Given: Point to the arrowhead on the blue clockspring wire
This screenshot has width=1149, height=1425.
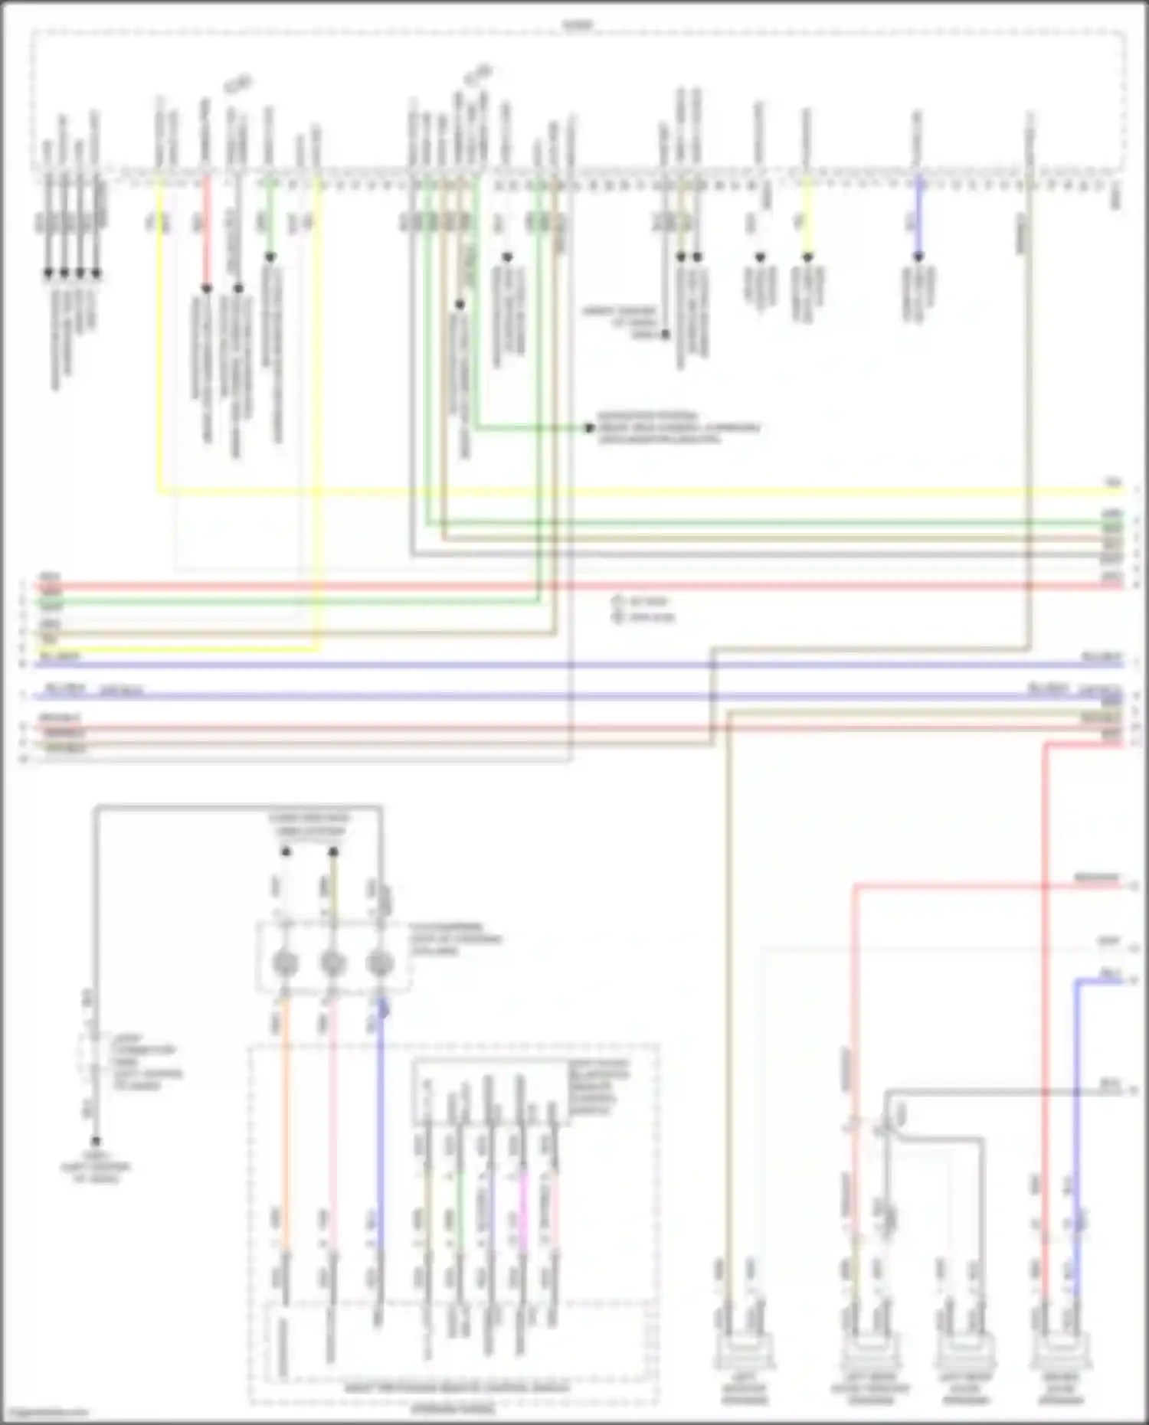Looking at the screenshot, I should (x=382, y=1012).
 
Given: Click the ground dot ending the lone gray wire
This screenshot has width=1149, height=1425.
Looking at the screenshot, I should (x=96, y=1142).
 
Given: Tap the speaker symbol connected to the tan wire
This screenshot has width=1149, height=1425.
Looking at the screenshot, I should (x=742, y=1353).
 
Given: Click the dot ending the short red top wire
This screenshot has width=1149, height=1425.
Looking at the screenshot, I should (x=206, y=289).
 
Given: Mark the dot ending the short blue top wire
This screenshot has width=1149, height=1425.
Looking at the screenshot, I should (x=918, y=257).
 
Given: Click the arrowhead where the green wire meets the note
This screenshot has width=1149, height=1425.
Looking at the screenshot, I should (x=589, y=428).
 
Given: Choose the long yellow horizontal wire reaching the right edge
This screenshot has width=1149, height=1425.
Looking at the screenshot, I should (x=613, y=491).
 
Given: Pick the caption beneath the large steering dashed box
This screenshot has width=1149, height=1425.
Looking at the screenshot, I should (x=452, y=1410).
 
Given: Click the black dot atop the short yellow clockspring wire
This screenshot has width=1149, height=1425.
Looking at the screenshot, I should (x=333, y=851).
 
